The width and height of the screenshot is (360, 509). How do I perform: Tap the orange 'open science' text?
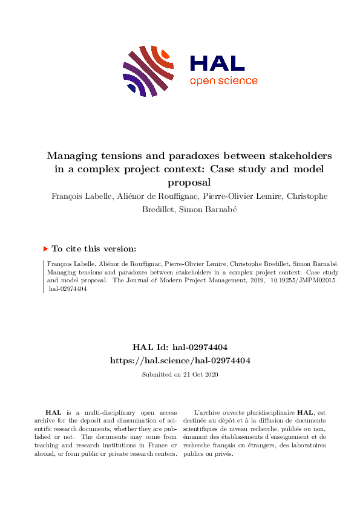(223, 81)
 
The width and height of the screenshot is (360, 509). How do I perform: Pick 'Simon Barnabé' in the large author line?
(217, 210)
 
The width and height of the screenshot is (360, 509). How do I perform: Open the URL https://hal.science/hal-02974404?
(180, 360)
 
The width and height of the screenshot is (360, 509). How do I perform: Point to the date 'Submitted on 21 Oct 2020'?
(180, 375)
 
